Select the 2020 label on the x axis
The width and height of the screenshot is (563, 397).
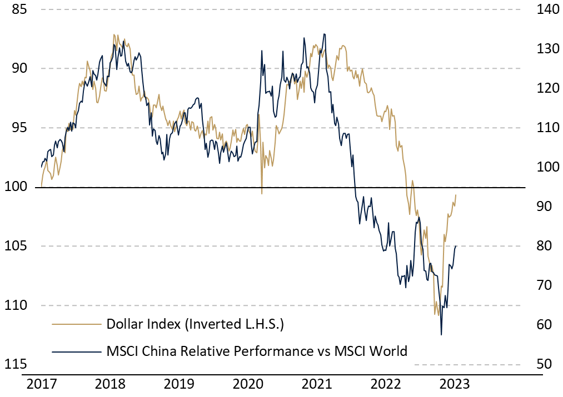248,384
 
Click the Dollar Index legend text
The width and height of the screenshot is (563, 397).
195,324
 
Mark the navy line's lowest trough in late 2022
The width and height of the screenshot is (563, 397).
441,335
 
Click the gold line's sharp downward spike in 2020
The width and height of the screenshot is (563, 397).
262,194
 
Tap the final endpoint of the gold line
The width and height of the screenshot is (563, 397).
456,195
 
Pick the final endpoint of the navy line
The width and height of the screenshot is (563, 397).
456,246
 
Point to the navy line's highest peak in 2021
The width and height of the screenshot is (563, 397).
325,34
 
